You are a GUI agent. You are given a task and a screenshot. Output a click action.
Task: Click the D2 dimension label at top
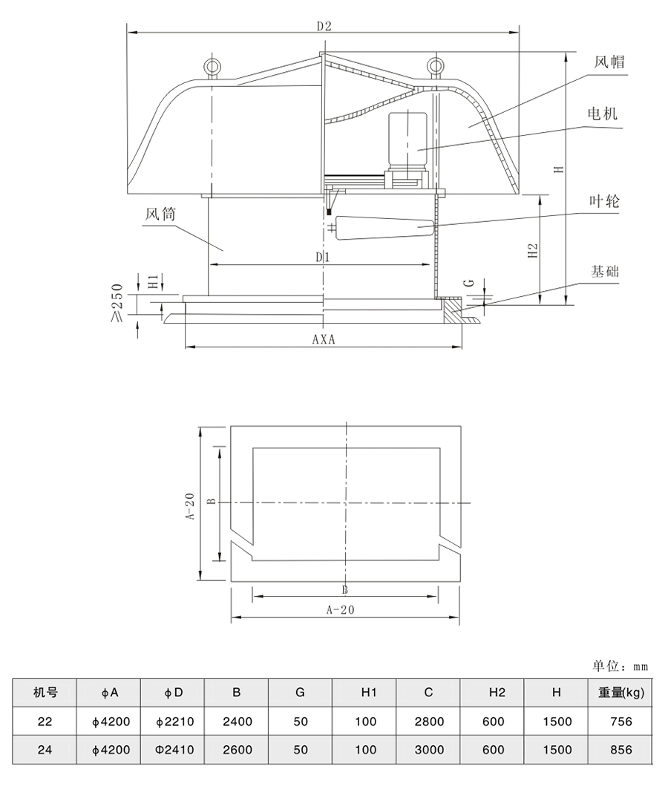[x=323, y=26]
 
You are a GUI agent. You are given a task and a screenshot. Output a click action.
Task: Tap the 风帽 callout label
[x=609, y=62]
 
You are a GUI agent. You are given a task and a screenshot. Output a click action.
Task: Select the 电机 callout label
[x=602, y=114]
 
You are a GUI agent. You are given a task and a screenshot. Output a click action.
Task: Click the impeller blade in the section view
[x=384, y=225]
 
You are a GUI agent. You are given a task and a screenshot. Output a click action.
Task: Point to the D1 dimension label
[x=321, y=257]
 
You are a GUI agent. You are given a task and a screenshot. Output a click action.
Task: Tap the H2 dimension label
[x=532, y=248]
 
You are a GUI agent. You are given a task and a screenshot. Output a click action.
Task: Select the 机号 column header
[x=45, y=693]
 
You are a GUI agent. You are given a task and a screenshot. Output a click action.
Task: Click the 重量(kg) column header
[x=620, y=693]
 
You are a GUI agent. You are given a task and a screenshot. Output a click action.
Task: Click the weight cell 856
[x=620, y=750]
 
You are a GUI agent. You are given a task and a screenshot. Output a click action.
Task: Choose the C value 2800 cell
[x=428, y=721]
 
